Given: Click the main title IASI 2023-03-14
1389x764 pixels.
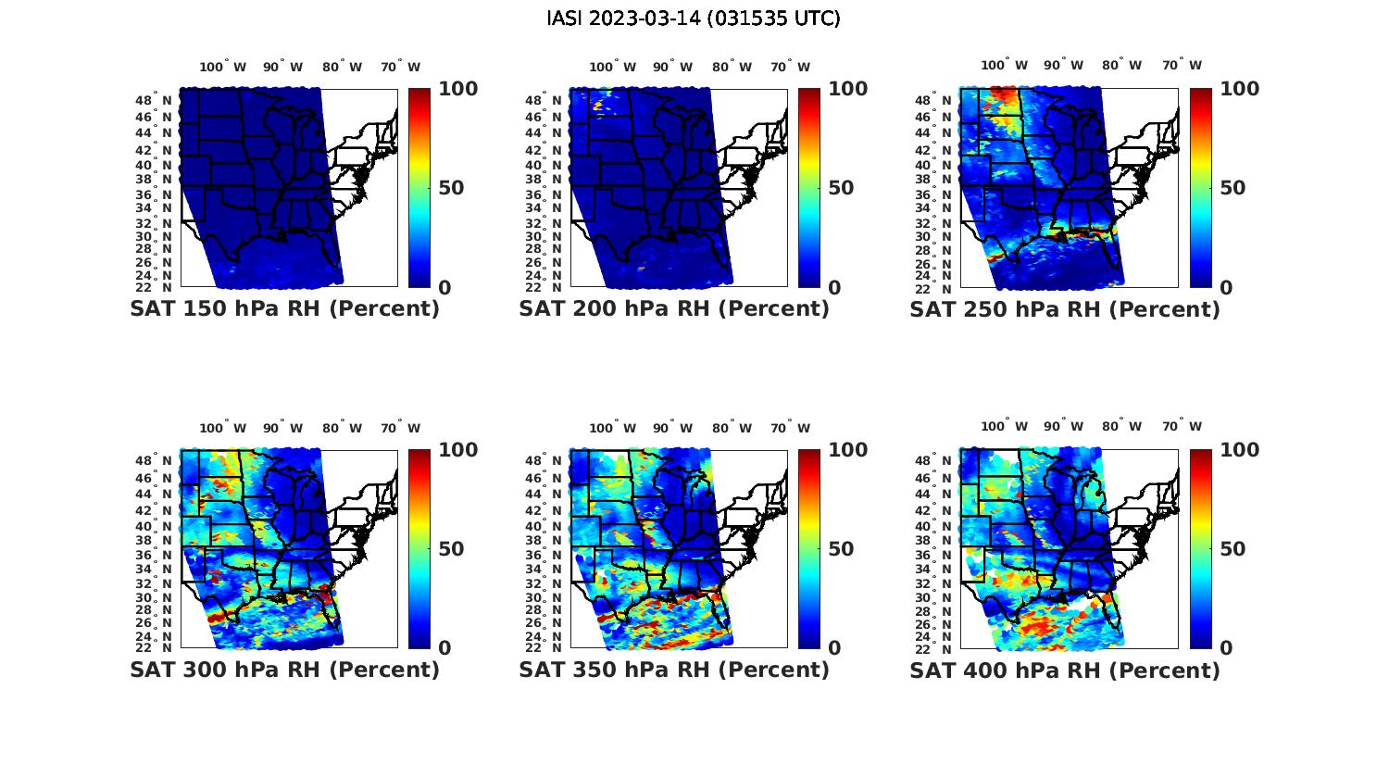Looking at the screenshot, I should tap(694, 19).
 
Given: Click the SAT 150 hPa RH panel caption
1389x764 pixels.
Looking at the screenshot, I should tap(285, 309).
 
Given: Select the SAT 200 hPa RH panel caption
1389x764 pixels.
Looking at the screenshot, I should tap(674, 309).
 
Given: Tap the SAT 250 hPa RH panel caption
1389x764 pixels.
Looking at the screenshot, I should tap(1065, 309).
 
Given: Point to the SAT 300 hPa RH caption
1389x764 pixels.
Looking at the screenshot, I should tap(285, 670).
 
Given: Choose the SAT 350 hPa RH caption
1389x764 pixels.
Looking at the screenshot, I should tap(674, 670).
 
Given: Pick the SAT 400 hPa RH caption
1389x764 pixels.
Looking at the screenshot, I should tap(1065, 670).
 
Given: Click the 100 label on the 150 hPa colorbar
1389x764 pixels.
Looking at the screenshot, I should tap(457, 89).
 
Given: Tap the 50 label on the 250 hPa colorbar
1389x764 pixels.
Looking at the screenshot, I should tap(1232, 188).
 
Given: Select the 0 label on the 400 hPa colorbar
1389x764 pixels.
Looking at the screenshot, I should tap(1226, 648).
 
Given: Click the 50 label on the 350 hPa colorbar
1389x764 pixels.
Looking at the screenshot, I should tap(841, 549).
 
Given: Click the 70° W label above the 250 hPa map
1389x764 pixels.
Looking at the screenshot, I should tap(1183, 65).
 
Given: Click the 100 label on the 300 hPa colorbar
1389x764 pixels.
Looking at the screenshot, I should tap(457, 450).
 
